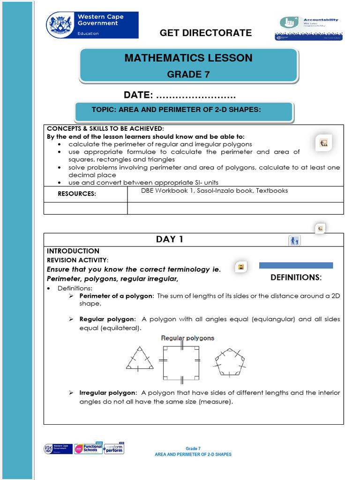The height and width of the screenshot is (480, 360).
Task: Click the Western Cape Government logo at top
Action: (x=92, y=25)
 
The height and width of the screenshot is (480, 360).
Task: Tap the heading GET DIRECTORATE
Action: (x=206, y=33)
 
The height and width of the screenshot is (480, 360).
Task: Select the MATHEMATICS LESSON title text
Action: (x=188, y=58)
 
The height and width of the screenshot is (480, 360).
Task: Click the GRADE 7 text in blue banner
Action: (x=188, y=74)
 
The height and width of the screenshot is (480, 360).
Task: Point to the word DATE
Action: (x=138, y=95)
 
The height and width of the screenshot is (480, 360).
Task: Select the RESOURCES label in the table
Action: (x=77, y=194)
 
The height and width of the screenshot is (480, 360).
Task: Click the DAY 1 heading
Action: (x=169, y=240)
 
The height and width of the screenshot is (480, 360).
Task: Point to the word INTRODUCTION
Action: (x=73, y=251)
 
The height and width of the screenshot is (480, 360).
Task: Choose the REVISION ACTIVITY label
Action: (x=77, y=260)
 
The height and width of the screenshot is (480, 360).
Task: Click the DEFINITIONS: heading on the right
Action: (x=296, y=277)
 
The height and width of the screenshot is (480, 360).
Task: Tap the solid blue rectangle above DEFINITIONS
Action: (x=296, y=265)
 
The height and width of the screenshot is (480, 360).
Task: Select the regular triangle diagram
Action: (x=140, y=359)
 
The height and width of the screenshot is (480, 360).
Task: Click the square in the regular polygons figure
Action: (x=181, y=362)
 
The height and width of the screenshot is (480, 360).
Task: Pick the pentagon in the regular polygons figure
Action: (x=230, y=362)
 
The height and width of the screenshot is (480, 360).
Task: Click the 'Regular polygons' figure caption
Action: (x=187, y=338)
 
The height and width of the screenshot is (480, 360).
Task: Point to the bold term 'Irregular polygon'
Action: (x=108, y=393)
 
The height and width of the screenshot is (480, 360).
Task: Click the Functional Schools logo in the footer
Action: (x=88, y=449)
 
